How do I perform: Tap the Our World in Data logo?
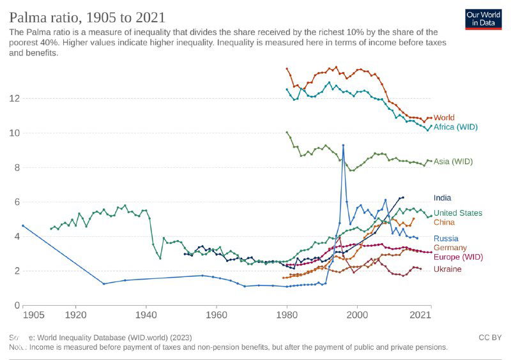point(483,19)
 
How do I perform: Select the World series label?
point(444,118)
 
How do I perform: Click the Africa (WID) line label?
point(455,127)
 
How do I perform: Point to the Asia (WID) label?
point(453,161)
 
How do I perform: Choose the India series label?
point(442,198)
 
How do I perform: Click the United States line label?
point(457,213)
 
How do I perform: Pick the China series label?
point(444,222)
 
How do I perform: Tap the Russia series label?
point(446,238)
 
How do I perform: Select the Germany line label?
point(450,248)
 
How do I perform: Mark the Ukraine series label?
point(447,269)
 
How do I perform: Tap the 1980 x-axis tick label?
point(287,315)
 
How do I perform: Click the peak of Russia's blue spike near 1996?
point(343,146)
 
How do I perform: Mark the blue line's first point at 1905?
point(23,225)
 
